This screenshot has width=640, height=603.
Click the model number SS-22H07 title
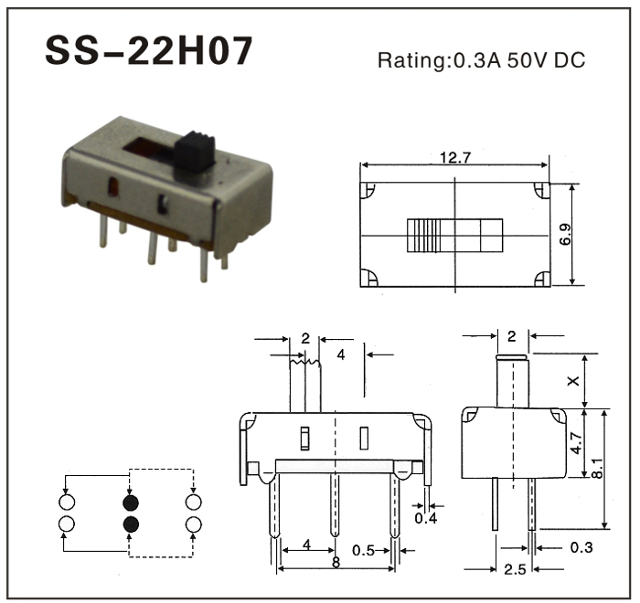tap(148, 50)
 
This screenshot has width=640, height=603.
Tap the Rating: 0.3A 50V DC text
tap(481, 60)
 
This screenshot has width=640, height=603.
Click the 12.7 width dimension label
tap(455, 157)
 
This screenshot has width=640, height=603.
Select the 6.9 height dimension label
tap(565, 234)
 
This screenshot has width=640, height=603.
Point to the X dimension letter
tap(573, 381)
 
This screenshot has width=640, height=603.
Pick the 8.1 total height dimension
tap(597, 468)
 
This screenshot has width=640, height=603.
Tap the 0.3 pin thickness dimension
tap(581, 547)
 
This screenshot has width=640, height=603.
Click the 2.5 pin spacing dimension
tap(515, 569)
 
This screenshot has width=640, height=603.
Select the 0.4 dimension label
tap(426, 518)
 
